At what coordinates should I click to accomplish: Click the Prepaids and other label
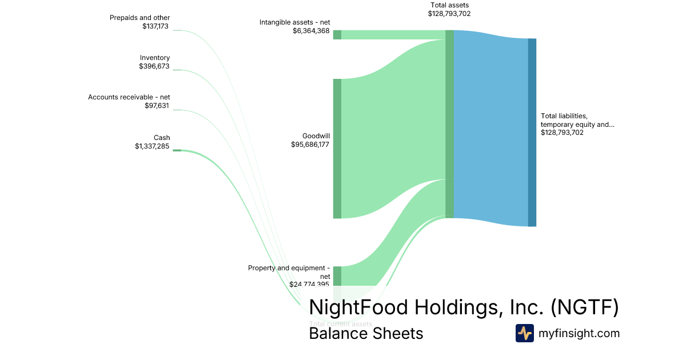coord(139,18)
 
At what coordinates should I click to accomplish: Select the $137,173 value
coord(155,26)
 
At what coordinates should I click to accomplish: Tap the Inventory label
coord(155,58)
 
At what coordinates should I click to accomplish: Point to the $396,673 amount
coord(154,66)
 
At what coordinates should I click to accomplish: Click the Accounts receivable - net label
coord(129,97)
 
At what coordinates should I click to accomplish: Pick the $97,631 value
coord(157,106)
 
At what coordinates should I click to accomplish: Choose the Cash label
coord(162,138)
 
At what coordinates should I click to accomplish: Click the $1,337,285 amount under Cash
coord(151,146)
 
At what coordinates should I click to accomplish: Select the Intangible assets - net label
coord(294,22)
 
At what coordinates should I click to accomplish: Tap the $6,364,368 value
coord(311,31)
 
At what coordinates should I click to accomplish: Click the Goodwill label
coord(316,136)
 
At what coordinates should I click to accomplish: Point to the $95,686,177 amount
coord(310,145)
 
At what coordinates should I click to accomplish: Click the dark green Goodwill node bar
coord(337,149)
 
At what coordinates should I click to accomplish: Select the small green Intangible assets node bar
coord(337,35)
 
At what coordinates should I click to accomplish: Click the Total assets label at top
coord(449,5)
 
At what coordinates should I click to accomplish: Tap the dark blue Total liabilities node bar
coord(532,133)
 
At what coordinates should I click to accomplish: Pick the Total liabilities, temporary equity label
coord(577,120)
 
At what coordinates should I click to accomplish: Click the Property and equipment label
coord(289,268)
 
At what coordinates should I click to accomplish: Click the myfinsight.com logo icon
coord(524,333)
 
